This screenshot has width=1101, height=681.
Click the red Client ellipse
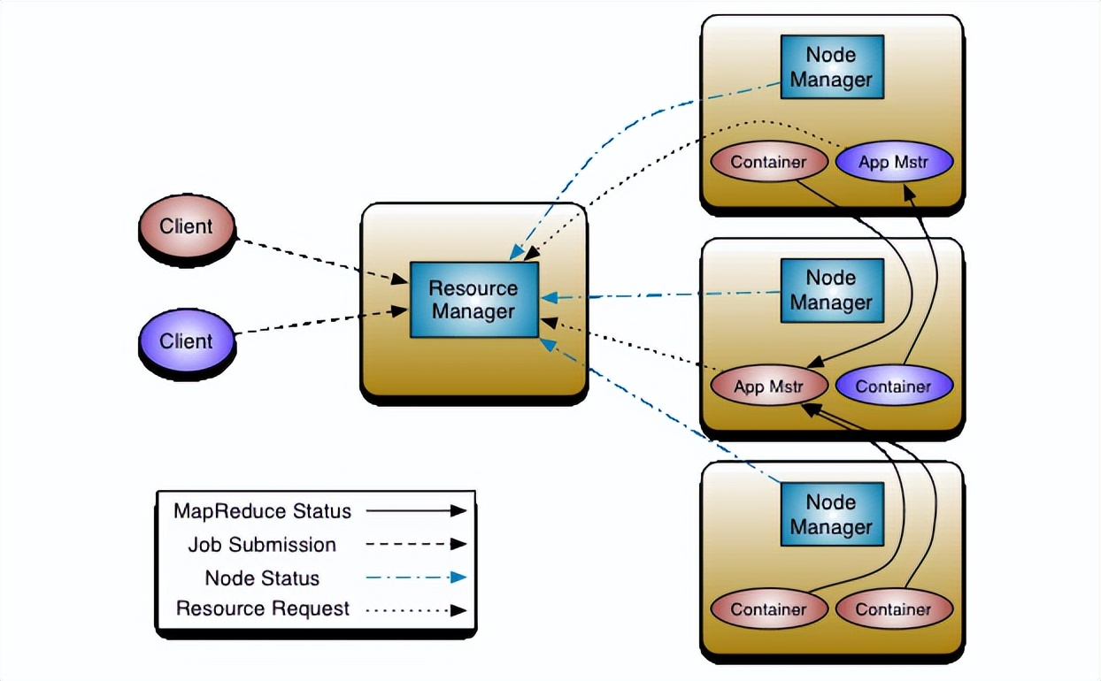coord(187,227)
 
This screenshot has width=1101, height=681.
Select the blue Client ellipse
coord(187,341)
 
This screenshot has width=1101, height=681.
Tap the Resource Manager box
coord(474,300)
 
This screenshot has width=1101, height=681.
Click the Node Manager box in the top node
coord(831,67)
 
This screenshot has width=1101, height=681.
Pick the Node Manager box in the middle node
coord(831,290)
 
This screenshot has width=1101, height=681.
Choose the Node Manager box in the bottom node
coord(831,515)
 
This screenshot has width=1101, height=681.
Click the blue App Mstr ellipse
coord(893,163)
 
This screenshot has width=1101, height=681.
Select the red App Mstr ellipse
coord(768,386)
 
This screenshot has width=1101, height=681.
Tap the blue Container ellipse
coord(893,386)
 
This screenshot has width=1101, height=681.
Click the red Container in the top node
coord(768,163)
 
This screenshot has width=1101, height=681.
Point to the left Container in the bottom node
coord(768,609)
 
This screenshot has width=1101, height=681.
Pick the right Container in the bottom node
coord(893,609)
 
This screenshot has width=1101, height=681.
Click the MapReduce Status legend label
coord(262,511)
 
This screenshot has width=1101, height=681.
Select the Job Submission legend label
coord(262,545)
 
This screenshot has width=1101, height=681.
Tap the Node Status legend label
coord(262,578)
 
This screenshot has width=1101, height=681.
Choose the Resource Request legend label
coord(263,609)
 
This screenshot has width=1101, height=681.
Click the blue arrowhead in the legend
coord(458,578)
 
